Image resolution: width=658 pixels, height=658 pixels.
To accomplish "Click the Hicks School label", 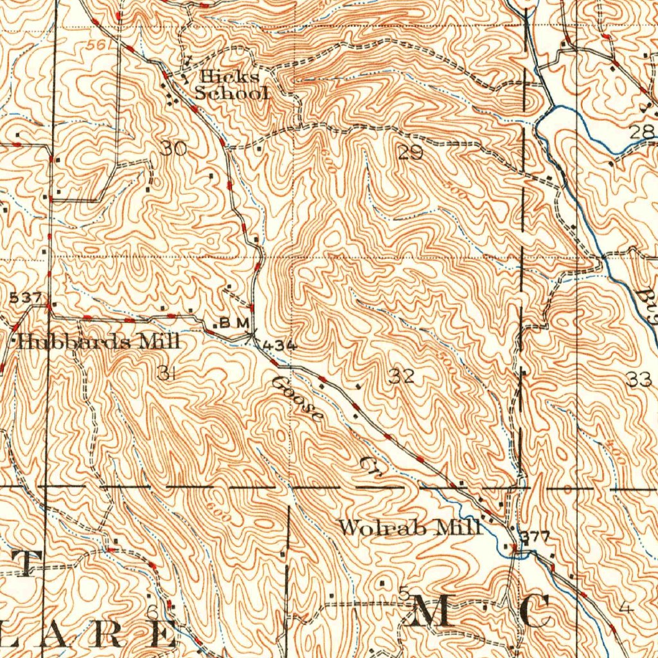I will (x=231, y=85).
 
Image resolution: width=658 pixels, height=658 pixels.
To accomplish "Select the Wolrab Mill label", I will (x=410, y=528).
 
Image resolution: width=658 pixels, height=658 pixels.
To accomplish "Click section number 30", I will (x=173, y=149).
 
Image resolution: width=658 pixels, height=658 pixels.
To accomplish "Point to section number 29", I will (x=410, y=152).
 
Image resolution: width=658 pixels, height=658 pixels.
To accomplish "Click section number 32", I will (x=402, y=377).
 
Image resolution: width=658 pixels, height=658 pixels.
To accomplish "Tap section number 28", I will (x=641, y=132).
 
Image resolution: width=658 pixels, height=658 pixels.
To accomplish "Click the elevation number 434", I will (x=280, y=345).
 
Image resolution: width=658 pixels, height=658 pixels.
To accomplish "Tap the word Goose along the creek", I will (x=296, y=399).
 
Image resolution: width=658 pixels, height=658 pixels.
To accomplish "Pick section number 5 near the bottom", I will (x=403, y=594).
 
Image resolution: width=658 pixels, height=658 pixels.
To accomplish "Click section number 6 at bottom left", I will (x=152, y=610).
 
